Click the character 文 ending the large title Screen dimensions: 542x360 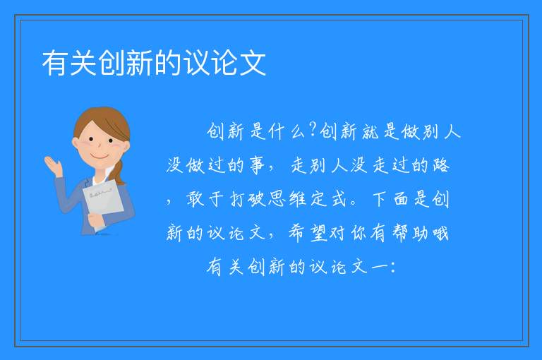[x=253, y=63]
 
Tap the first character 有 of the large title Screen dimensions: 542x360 [x=55, y=63]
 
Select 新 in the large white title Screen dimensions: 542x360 [x=140, y=63]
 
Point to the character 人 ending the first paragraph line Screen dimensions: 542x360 [x=452, y=132]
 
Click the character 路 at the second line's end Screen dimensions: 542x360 [x=440, y=165]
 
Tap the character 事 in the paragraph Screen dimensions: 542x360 [x=257, y=165]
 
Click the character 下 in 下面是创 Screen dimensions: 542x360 [x=380, y=199]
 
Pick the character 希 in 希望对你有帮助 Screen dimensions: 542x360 [x=297, y=233]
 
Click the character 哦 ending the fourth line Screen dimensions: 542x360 [x=440, y=233]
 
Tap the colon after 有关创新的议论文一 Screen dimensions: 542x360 [x=393, y=267]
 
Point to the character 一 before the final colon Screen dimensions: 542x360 [x=380, y=267]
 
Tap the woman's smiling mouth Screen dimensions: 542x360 [x=100, y=156]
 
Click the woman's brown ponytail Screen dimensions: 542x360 [x=119, y=173]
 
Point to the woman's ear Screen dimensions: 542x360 [x=75, y=143]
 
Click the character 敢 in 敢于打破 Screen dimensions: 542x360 [x=195, y=199]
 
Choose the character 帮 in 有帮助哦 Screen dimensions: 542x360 [x=400, y=233]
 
